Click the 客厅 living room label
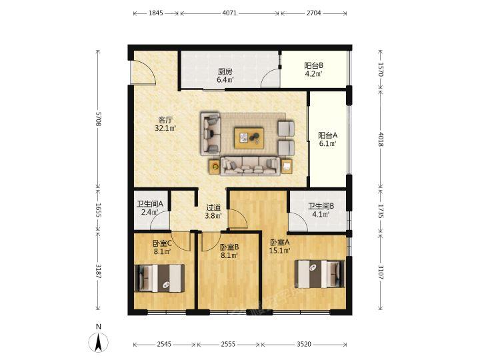(x=165, y=119)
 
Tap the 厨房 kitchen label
(x=225, y=71)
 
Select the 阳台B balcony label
(x=314, y=65)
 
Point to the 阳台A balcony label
(x=327, y=135)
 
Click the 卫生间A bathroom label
(x=150, y=203)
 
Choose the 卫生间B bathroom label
(x=321, y=206)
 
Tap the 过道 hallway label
(x=213, y=207)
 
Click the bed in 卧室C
(x=159, y=278)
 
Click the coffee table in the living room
(x=249, y=139)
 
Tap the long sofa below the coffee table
(x=251, y=166)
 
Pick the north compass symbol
(x=98, y=342)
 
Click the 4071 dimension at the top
(x=229, y=13)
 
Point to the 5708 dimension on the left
(x=98, y=119)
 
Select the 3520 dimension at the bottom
(x=304, y=345)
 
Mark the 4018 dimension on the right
(x=380, y=139)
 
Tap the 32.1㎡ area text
(x=165, y=128)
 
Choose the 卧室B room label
(x=229, y=247)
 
